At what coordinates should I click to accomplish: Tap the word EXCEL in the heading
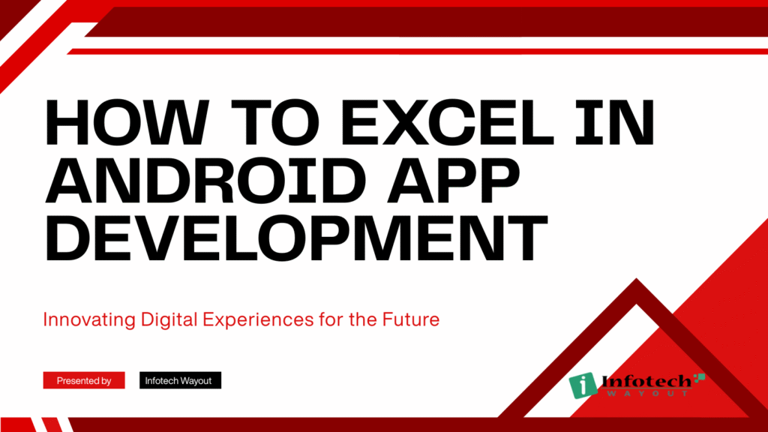pyautogui.click(x=447, y=122)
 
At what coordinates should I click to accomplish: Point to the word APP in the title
pyautogui.click(x=453, y=180)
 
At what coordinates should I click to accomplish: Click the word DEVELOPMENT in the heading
pyautogui.click(x=296, y=238)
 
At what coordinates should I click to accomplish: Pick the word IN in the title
pyautogui.click(x=615, y=122)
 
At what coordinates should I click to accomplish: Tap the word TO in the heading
pyautogui.click(x=271, y=122)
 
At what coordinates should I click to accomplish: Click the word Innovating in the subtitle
pyautogui.click(x=89, y=319)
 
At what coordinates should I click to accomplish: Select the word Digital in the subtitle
pyautogui.click(x=169, y=319)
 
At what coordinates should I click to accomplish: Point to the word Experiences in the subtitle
pyautogui.click(x=258, y=319)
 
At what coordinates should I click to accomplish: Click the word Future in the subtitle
pyautogui.click(x=411, y=319)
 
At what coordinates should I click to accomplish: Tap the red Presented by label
pyautogui.click(x=84, y=380)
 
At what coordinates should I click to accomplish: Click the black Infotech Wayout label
pyautogui.click(x=180, y=380)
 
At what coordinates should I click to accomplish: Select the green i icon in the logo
pyautogui.click(x=583, y=385)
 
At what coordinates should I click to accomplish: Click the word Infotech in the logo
pyautogui.click(x=646, y=382)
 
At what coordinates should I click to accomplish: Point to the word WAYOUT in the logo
pyautogui.click(x=647, y=393)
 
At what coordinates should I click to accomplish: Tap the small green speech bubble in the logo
pyautogui.click(x=700, y=378)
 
